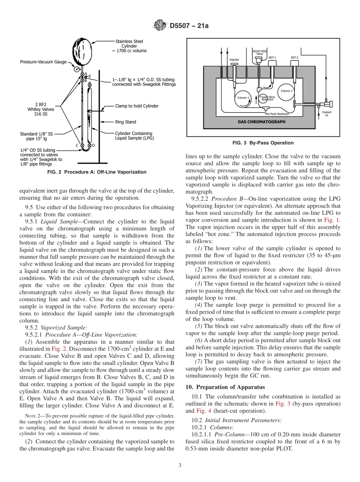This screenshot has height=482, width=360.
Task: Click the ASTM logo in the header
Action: click(159, 25)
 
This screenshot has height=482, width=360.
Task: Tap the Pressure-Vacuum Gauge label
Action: click(43, 62)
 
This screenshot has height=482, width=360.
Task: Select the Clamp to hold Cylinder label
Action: click(137, 106)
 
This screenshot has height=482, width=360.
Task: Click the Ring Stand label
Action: click(125, 122)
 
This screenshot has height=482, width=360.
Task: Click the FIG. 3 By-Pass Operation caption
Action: click(263, 143)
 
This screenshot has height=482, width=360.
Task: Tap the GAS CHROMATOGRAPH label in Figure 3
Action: click(261, 122)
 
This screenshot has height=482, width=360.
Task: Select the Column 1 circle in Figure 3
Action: click(243, 97)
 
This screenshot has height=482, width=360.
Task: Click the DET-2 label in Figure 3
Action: click(294, 58)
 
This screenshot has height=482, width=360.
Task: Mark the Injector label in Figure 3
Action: click(234, 59)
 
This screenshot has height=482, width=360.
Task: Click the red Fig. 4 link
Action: click(201, 410)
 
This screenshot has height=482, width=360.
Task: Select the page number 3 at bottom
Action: click(180, 465)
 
